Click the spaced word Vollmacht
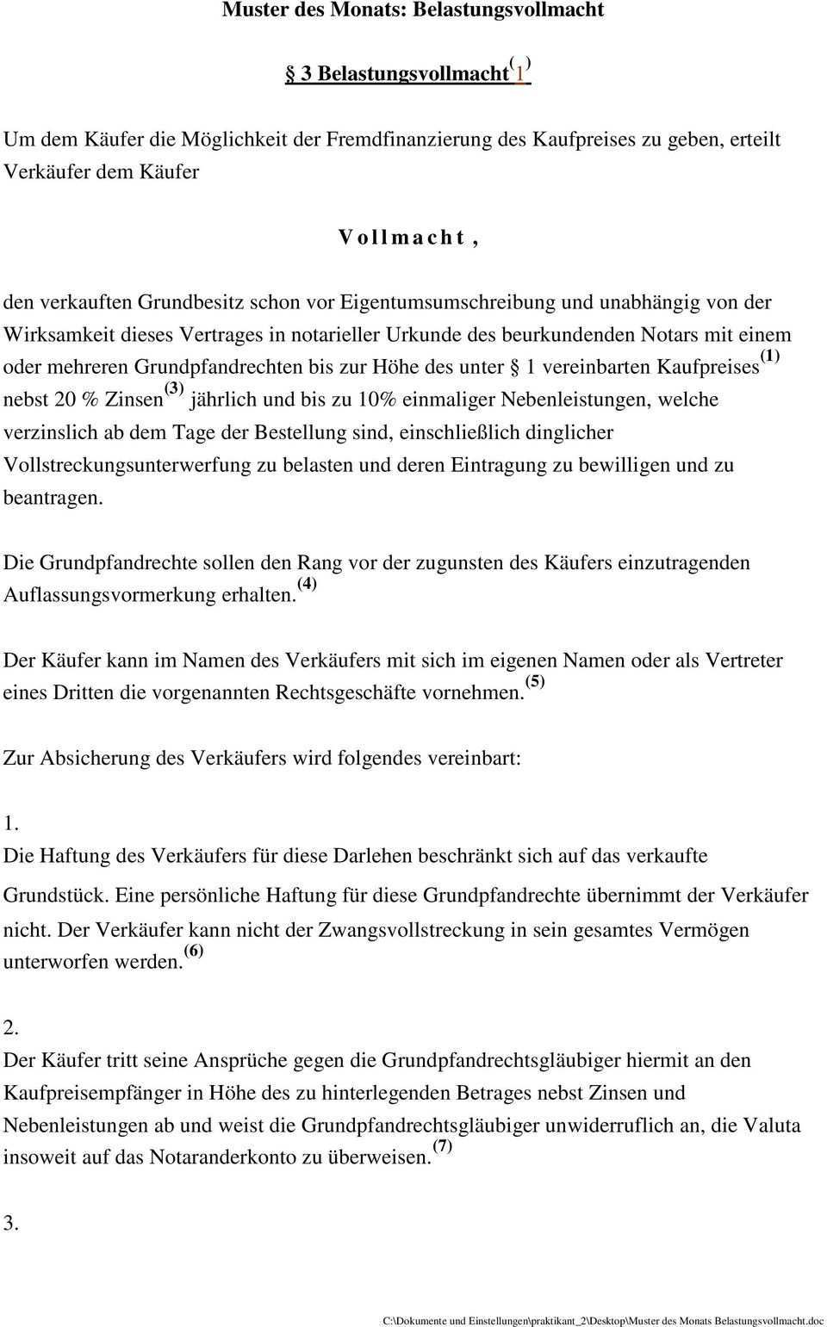[408, 237]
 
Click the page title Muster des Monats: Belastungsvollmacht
[413, 10]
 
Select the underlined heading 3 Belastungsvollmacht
[405, 73]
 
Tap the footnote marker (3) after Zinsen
[174, 389]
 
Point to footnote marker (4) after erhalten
[307, 585]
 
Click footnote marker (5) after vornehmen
[534, 682]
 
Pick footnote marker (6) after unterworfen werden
[194, 952]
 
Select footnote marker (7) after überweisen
[442, 1146]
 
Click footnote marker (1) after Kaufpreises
[770, 357]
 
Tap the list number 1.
[10, 824]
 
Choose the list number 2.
[10, 1028]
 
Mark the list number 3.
[10, 1224]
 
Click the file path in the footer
[603, 1320]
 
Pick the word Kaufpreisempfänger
[91, 1094]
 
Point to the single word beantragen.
[53, 498]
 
